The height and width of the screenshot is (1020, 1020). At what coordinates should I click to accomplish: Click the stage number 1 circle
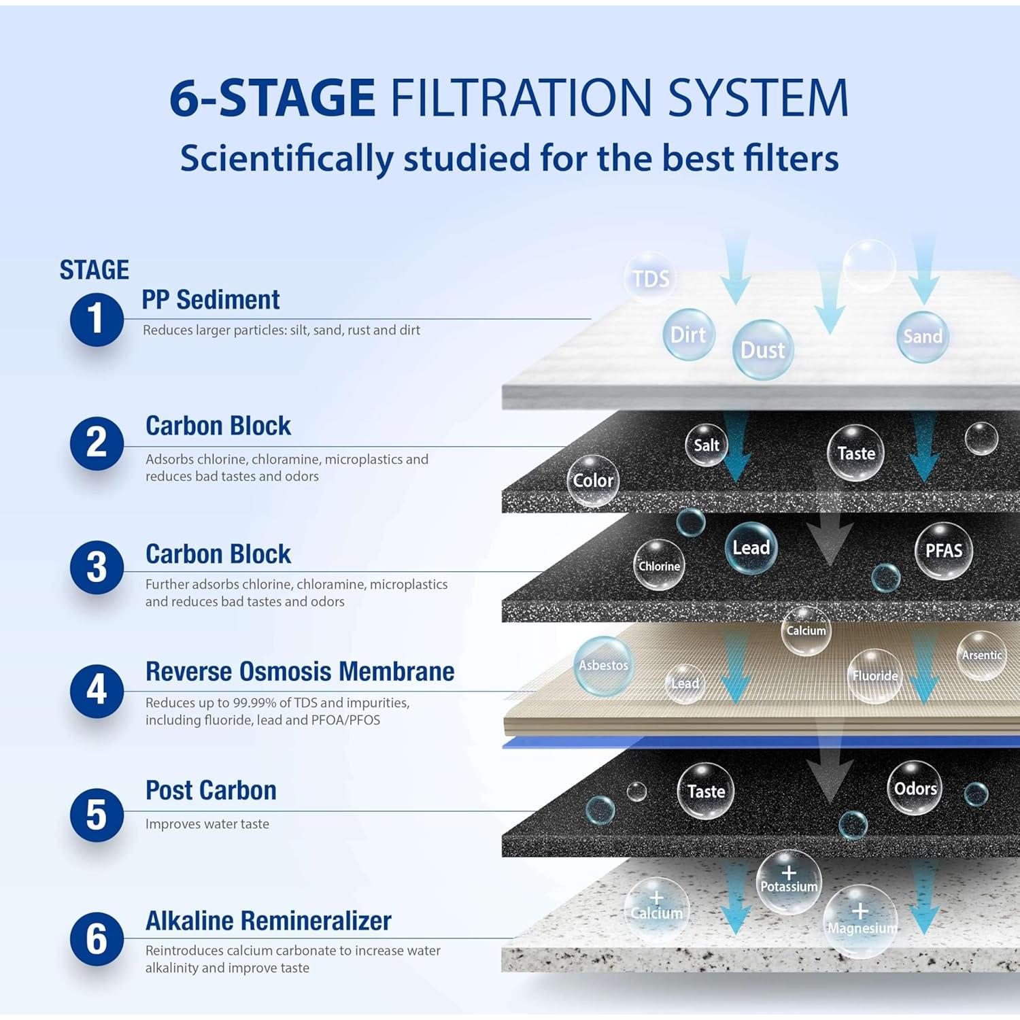[x=97, y=319]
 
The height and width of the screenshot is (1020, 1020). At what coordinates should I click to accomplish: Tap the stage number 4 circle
[x=97, y=691]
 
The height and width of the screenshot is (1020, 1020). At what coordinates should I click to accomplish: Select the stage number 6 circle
[x=97, y=939]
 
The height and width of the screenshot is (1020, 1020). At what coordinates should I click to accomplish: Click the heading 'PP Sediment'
[x=210, y=300]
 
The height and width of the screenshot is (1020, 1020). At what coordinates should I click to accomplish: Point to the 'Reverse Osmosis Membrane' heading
[x=300, y=672]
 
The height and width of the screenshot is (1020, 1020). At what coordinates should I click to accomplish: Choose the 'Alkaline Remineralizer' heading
[x=268, y=921]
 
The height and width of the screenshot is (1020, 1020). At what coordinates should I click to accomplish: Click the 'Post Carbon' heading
[x=211, y=791]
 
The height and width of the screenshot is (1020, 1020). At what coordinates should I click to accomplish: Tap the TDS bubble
[x=651, y=278]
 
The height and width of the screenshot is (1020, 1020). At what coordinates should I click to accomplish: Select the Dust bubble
[x=762, y=350]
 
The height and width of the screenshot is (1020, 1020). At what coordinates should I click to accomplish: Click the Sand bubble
[x=922, y=336]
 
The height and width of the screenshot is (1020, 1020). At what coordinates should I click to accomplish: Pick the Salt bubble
[x=707, y=445]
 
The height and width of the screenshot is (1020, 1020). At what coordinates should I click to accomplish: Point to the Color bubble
[x=593, y=481]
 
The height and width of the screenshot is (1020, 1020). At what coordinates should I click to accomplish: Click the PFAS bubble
[x=943, y=551]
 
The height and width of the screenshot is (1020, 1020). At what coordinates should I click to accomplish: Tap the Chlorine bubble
[x=659, y=566]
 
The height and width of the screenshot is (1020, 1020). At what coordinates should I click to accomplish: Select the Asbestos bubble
[x=603, y=666]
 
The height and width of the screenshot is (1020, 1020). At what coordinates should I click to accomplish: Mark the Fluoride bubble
[x=875, y=675]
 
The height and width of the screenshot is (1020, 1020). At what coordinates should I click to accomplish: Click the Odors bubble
[x=915, y=789]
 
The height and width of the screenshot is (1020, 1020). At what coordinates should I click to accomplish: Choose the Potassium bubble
[x=789, y=882]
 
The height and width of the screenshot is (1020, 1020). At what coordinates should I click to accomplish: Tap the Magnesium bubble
[x=861, y=921]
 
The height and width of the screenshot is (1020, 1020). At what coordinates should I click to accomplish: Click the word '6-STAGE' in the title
[x=272, y=97]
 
